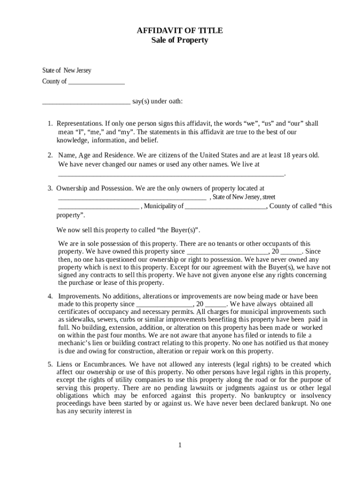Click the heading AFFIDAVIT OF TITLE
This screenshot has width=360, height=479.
point(180,30)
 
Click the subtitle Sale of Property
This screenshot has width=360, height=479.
point(180,40)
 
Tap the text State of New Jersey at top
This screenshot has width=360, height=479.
point(67,71)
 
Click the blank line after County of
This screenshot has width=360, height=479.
point(96,81)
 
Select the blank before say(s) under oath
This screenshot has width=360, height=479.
point(86,102)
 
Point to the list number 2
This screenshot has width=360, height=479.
point(50,155)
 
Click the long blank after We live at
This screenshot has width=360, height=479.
point(171,173)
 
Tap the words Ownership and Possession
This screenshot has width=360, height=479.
point(94,188)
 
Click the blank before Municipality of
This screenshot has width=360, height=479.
point(99,206)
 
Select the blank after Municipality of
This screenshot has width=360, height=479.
point(225,206)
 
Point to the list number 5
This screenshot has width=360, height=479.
point(50,364)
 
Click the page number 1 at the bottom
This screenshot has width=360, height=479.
point(180,444)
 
